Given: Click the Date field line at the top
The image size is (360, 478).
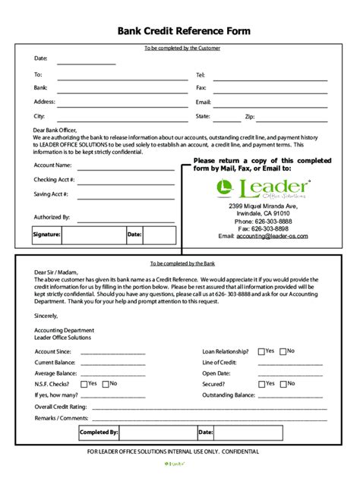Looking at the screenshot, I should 86,63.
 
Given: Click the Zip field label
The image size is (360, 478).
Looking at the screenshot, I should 249,117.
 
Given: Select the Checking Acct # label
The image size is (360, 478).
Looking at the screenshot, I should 55,179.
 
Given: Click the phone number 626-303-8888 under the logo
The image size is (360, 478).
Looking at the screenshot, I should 271,221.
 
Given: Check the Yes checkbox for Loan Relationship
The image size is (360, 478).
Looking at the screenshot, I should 261,351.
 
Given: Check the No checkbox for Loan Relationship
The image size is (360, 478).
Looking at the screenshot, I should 283,351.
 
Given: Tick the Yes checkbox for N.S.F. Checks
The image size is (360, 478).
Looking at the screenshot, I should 84,384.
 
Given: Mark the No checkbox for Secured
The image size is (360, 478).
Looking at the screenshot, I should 283,384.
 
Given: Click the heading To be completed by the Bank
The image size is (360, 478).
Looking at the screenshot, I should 182,263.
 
